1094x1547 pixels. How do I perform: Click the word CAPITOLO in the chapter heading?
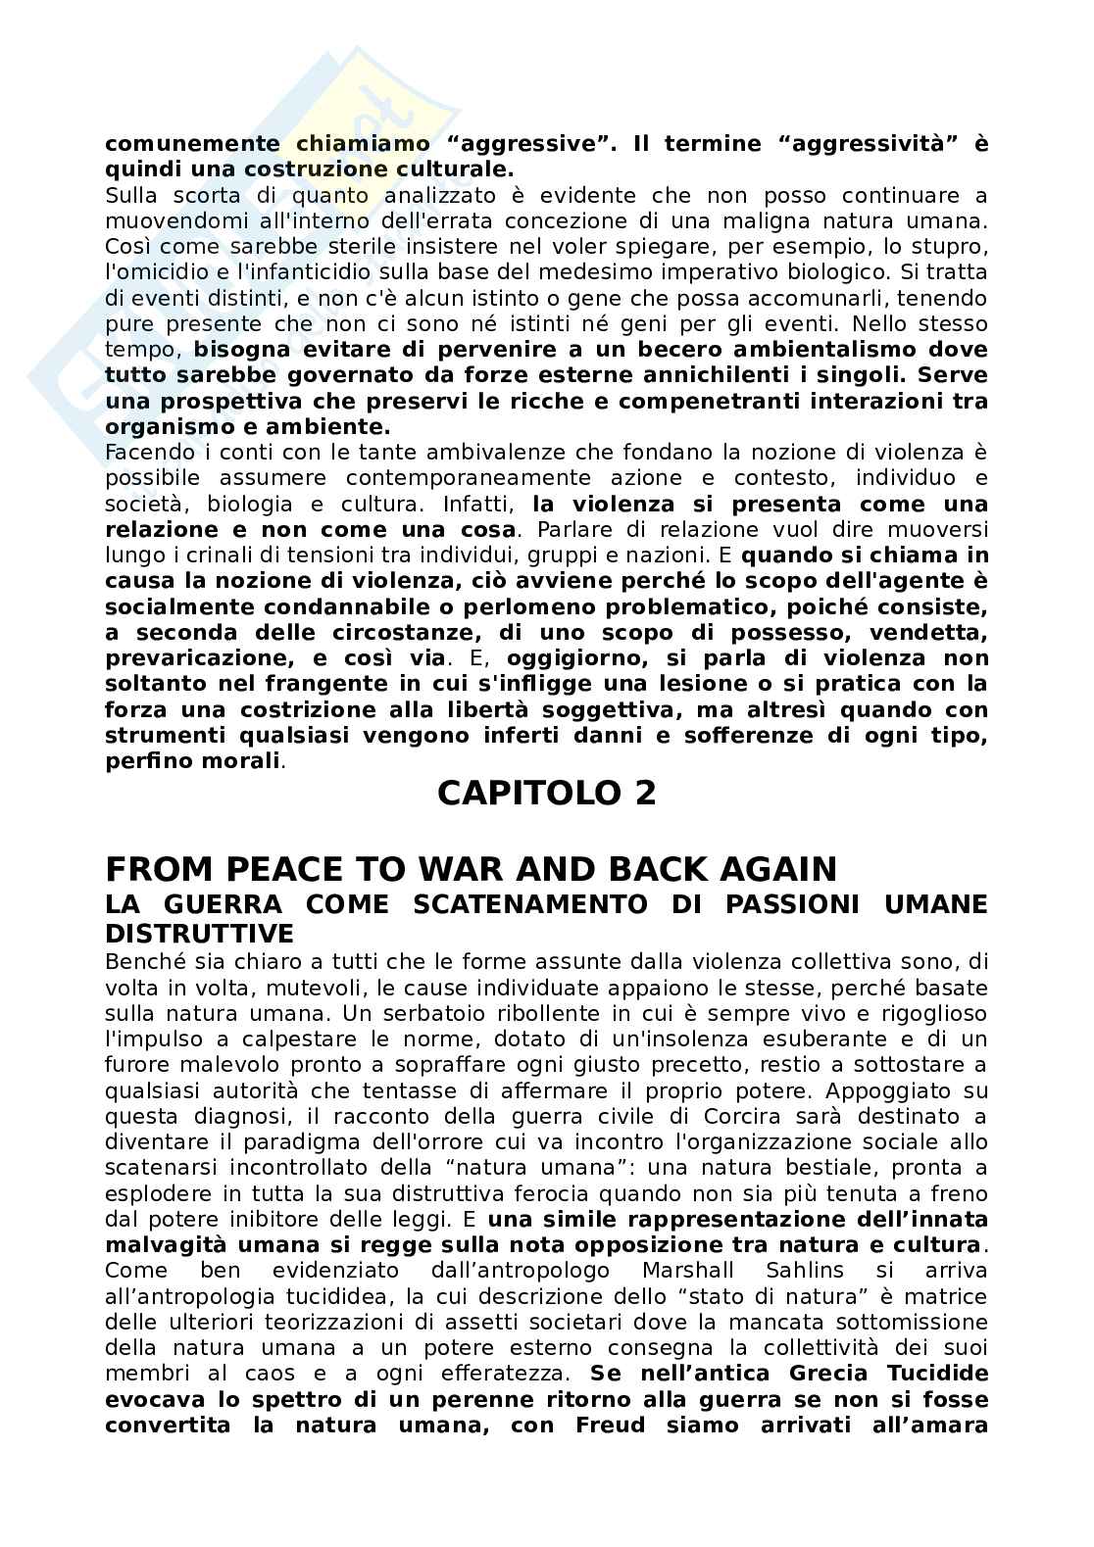pyautogui.click(x=521, y=793)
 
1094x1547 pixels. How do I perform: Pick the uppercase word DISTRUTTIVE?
pyautogui.click(x=199, y=932)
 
